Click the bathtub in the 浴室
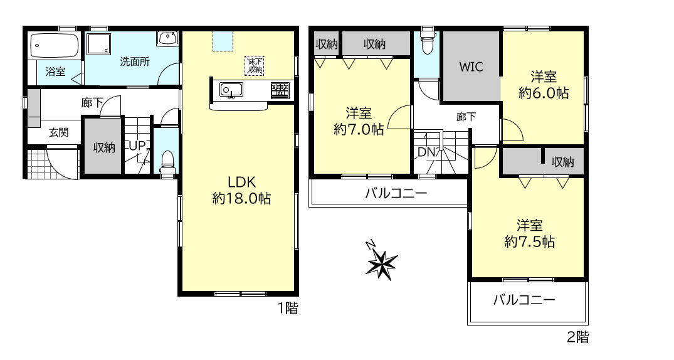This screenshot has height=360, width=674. pos(55,46)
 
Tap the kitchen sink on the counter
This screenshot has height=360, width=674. pos(231,90)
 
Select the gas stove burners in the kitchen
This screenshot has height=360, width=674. pos(280,90)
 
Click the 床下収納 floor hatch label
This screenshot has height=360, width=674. pos(255,65)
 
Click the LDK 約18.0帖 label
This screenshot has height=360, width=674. pos(241,190)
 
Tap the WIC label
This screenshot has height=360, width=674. pos(471,66)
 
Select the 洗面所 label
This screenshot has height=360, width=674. pos(135,61)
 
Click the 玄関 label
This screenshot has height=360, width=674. pos(59,132)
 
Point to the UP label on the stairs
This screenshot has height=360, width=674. pos(137,146)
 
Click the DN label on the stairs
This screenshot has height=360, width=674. pos(427,152)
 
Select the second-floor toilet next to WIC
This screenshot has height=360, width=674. pos(427,42)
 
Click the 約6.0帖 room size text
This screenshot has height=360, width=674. pos(544,93)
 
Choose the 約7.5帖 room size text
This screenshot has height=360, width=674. pos(530,241)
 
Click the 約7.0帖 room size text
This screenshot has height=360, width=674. pos(359,129)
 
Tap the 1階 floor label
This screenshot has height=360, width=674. pos(288,308)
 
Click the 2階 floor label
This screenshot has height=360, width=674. pos(577,336)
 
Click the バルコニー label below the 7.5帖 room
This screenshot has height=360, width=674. pos(524,299)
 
